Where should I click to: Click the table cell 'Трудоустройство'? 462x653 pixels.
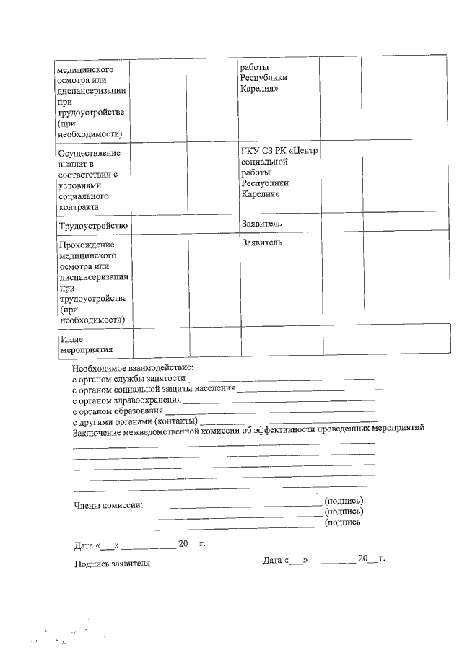tap(93, 226)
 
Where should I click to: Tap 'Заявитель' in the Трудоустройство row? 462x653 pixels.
tap(262, 224)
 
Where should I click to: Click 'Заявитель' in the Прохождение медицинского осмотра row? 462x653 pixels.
tap(262, 242)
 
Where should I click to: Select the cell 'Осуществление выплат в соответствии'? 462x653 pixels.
tap(90, 180)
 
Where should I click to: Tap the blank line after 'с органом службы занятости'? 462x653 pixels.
tap(281, 377)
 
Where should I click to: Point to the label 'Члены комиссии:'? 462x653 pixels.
tap(108, 505)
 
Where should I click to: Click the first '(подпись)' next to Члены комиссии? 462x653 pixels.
tap(344, 501)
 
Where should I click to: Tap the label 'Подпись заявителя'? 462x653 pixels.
tap(113, 564)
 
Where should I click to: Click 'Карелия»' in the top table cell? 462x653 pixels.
tap(259, 89)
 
